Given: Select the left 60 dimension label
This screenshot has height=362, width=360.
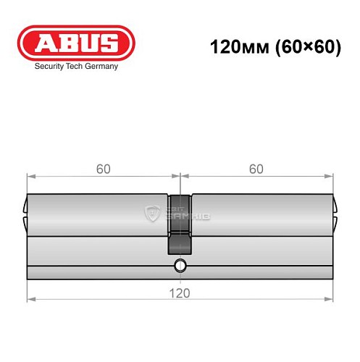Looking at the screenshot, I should pyautogui.click(x=103, y=169).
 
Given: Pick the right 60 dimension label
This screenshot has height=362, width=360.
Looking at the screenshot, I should pyautogui.click(x=256, y=169).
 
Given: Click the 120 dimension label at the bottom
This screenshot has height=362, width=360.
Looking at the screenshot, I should pyautogui.click(x=180, y=292).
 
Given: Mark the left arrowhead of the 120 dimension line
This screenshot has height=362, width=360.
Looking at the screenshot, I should pyautogui.click(x=30, y=299).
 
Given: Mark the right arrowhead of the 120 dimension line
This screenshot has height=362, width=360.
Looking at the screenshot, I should pyautogui.click(x=330, y=299).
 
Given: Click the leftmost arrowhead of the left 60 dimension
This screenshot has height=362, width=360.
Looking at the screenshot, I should pyautogui.click(x=30, y=175).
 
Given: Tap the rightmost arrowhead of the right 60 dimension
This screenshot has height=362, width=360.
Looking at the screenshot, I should pyautogui.click(x=330, y=175).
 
